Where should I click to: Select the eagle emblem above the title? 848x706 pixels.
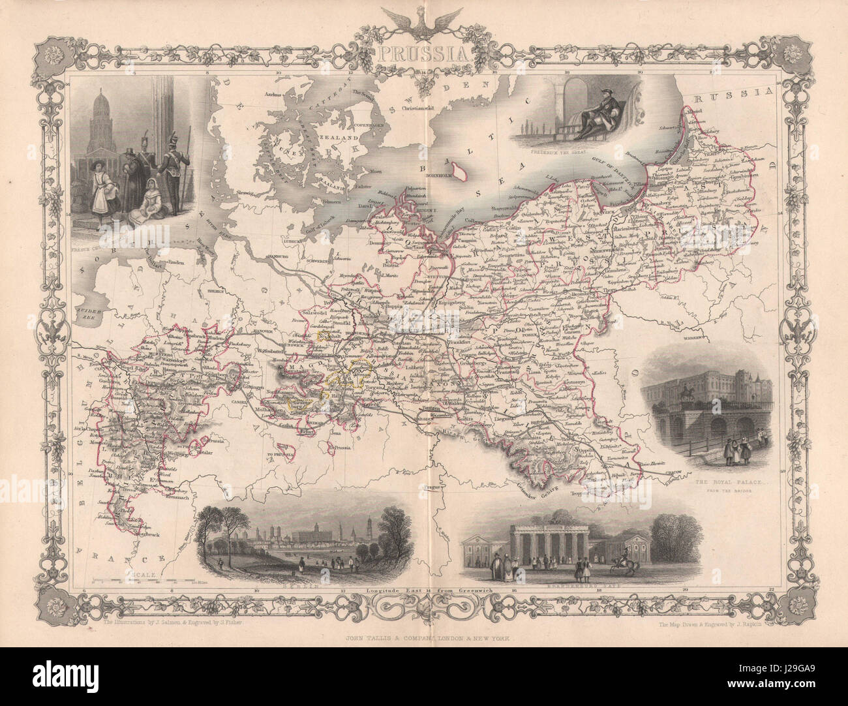point(424,18)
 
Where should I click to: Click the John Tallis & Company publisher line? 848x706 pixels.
point(424,625)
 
